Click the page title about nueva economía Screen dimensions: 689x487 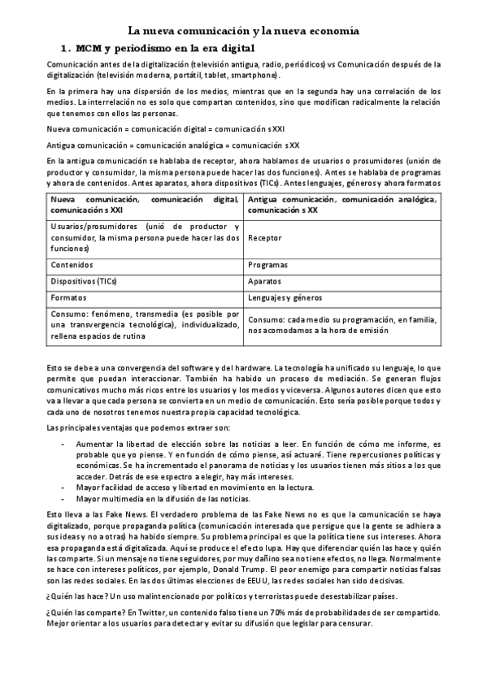pos(243,30)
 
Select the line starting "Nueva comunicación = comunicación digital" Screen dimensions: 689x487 pos(166,128)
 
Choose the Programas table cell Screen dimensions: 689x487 pos(267,265)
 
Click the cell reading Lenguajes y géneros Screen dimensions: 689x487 pos(283,298)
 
